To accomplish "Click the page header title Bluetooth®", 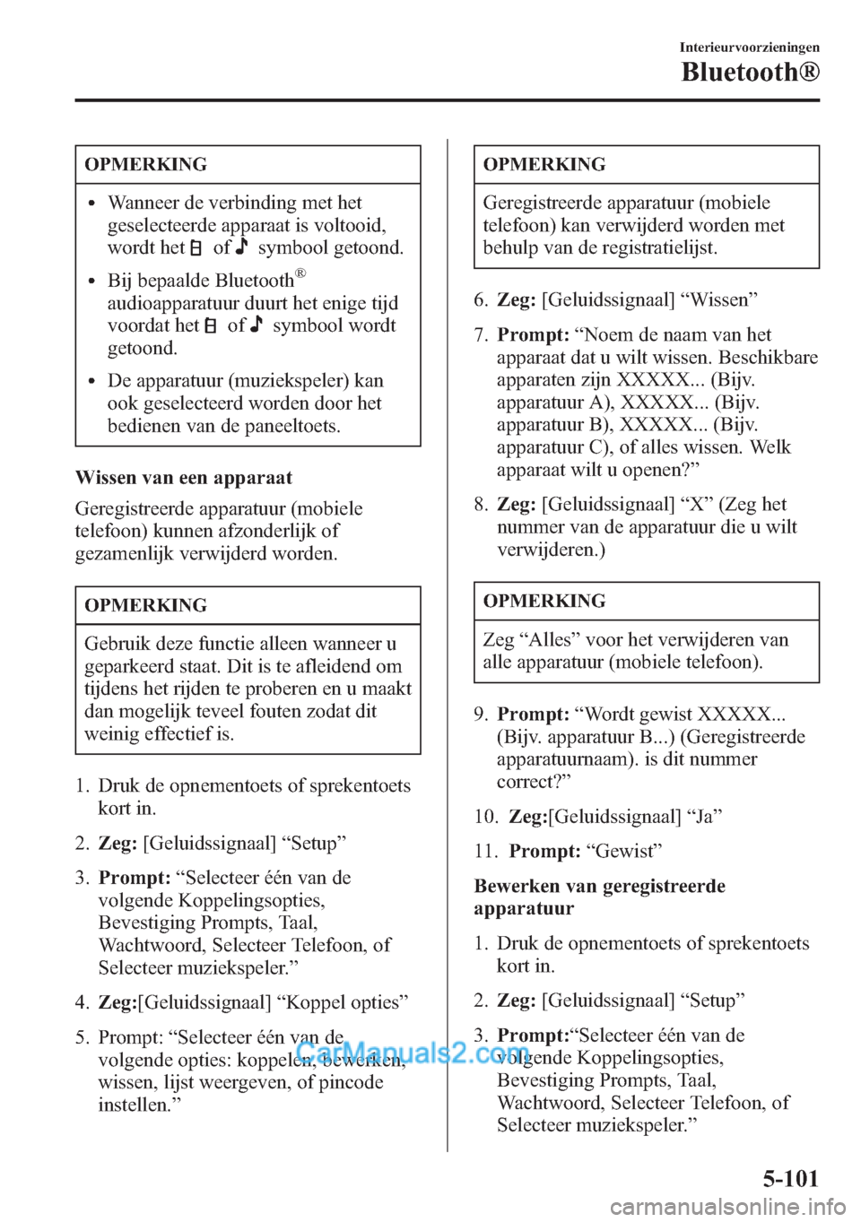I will click(x=750, y=72).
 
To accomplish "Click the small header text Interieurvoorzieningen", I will click(x=749, y=48).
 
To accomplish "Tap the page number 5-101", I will click(x=790, y=1178).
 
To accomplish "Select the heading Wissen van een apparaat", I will click(x=184, y=477).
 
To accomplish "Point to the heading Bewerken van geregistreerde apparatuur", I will click(x=599, y=897).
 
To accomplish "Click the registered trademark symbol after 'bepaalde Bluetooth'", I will click(x=301, y=273).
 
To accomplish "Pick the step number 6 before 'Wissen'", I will click(x=480, y=299).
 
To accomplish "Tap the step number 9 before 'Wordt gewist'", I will click(x=480, y=714).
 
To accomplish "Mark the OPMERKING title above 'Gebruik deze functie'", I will click(x=146, y=605).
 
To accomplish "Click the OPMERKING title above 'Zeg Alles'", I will click(x=544, y=601).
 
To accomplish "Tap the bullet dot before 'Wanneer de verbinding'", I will click(x=91, y=203).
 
